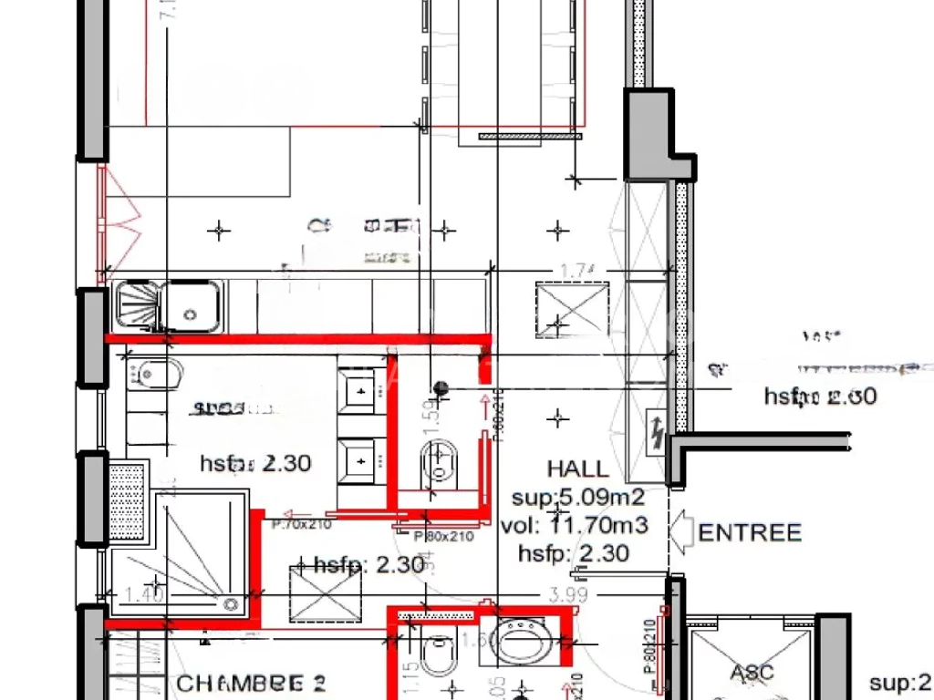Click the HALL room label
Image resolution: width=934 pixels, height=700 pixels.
pyautogui.click(x=577, y=468)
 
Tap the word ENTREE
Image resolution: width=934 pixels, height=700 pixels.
pyautogui.click(x=750, y=532)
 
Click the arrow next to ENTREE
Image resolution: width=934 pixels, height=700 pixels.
pyautogui.click(x=681, y=532)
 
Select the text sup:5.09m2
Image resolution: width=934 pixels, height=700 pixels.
pyautogui.click(x=578, y=498)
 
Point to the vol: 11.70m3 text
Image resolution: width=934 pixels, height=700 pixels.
pyautogui.click(x=575, y=525)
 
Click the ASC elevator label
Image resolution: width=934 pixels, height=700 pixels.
pyautogui.click(x=752, y=673)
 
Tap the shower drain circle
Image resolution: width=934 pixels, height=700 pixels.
pyautogui.click(x=231, y=602)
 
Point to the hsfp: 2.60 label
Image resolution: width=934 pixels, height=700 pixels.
pyautogui.click(x=820, y=396)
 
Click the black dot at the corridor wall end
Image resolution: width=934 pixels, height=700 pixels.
pyautogui.click(x=441, y=387)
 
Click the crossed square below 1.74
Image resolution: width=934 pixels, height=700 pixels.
pyautogui.click(x=572, y=309)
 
